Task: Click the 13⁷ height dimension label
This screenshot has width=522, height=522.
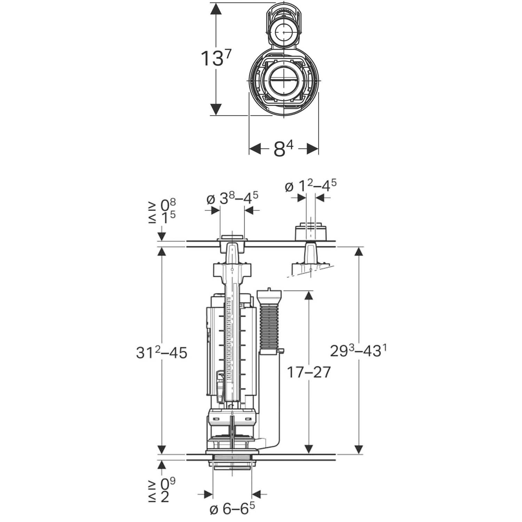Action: (216, 58)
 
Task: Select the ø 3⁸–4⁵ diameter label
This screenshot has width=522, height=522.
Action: (232, 199)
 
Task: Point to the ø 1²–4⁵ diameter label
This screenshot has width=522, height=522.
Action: (310, 186)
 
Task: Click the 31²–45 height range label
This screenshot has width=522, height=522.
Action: (161, 353)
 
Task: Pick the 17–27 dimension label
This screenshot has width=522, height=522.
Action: (308, 372)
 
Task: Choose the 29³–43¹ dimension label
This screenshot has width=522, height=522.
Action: (358, 351)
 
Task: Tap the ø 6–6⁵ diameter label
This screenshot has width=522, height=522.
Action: (232, 510)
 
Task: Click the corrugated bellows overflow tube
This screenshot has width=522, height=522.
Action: (269, 327)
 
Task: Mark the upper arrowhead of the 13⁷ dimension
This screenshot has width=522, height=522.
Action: (216, 8)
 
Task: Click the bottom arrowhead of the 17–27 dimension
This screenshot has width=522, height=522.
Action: (308, 449)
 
